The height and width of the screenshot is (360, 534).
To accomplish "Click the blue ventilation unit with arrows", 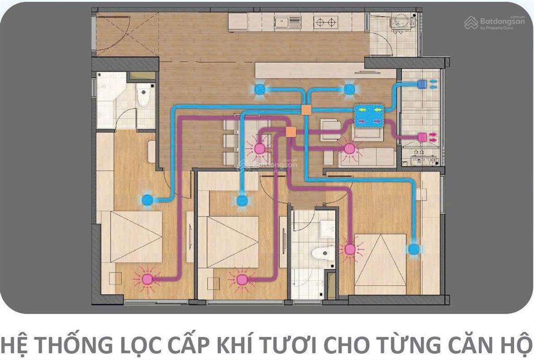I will click(369, 115).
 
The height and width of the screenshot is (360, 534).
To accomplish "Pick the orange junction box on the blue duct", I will click(306, 110).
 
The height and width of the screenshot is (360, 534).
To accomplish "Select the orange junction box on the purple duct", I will click(291, 132).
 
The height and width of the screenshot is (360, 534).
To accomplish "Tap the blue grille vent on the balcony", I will click(422, 83).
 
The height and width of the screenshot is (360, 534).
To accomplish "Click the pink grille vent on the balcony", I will click(422, 137).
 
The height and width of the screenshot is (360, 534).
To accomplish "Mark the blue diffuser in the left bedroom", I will click(148, 199).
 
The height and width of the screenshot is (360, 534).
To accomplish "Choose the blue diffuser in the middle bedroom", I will click(242, 200).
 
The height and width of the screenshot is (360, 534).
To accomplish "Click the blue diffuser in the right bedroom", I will click(414, 249).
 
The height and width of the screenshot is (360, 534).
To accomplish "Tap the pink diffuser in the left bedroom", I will click(147, 279).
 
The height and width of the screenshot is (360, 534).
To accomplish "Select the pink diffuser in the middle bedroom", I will click(241, 279).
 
